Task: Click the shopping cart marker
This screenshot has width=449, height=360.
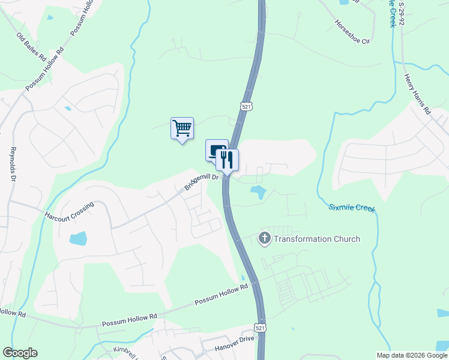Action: click(182, 128)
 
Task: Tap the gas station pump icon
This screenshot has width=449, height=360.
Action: click(215, 150)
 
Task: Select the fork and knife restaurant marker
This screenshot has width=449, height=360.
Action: click(227, 160)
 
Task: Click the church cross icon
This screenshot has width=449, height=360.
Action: click(264, 239)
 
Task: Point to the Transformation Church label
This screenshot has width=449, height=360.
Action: click(317, 239)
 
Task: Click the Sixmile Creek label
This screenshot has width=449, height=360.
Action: click(352, 208)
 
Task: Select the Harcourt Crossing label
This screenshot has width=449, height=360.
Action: click(69, 211)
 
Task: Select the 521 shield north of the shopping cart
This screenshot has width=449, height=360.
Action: click(247, 106)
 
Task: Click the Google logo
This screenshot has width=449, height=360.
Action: click(20, 353)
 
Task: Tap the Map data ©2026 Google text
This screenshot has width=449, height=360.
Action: click(411, 355)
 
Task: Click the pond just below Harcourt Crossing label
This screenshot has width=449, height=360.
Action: click(79, 239)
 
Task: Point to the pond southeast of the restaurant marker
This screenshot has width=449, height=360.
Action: click(258, 193)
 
